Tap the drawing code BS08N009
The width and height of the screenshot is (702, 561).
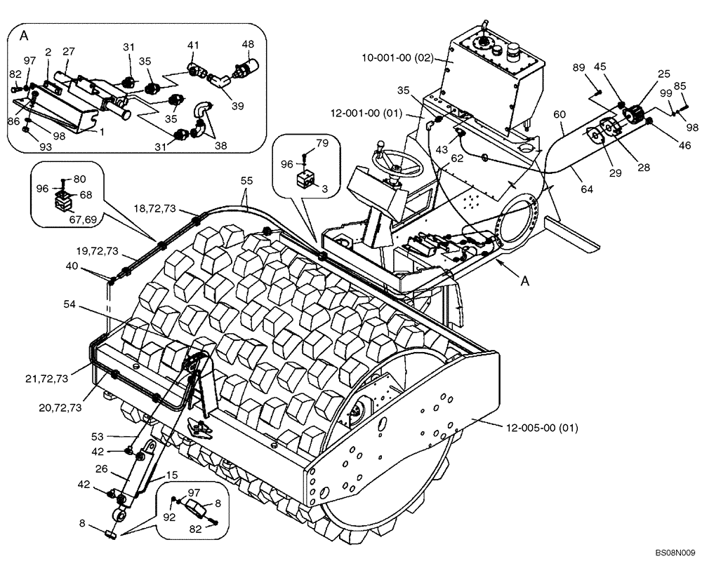[x=675, y=553]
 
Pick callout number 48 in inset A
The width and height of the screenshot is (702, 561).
[x=248, y=43]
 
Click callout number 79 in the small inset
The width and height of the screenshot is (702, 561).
[x=322, y=144]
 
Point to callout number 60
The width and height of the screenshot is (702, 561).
[x=559, y=113]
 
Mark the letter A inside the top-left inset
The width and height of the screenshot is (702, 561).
[x=25, y=35]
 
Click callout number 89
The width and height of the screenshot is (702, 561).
[x=579, y=67]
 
